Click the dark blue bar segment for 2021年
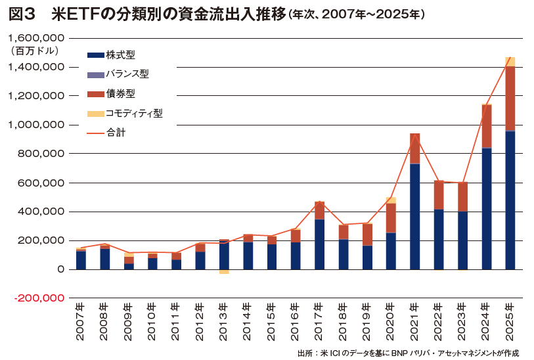coord(414,217)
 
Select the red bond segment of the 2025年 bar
coord(510,99)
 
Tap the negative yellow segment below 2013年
coord(224,271)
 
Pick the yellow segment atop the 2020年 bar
coord(391,200)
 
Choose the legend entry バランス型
coord(125,75)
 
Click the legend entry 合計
coord(110,132)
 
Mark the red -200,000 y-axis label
coord(38,298)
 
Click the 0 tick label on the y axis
coord(60,269)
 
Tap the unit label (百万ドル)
coord(34,51)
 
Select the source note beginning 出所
coord(407,353)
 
